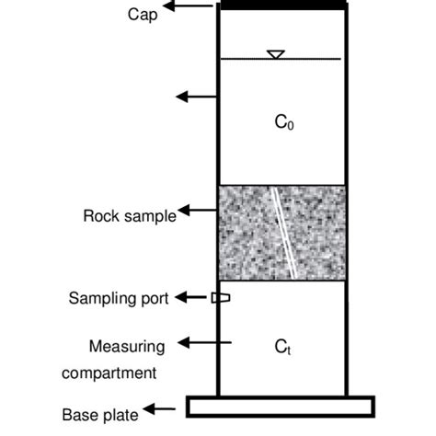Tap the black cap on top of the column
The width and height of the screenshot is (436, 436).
(x=281, y=6)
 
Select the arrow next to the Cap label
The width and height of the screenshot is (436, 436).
(x=195, y=6)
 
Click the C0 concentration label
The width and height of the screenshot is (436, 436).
(x=284, y=121)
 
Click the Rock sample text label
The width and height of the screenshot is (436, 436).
(x=130, y=217)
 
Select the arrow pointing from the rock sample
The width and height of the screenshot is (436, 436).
(x=196, y=211)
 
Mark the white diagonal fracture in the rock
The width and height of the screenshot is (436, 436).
(x=285, y=231)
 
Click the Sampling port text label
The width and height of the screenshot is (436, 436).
(x=119, y=298)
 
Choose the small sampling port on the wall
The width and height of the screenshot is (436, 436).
(x=221, y=297)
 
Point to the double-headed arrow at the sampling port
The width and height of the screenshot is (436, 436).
(x=193, y=297)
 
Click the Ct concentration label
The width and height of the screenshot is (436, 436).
(x=283, y=347)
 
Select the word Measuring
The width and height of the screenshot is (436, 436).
(x=127, y=347)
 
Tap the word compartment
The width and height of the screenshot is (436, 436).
(x=110, y=373)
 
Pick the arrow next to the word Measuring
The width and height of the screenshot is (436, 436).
(x=195, y=343)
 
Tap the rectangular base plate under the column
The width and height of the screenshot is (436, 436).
(x=281, y=407)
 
